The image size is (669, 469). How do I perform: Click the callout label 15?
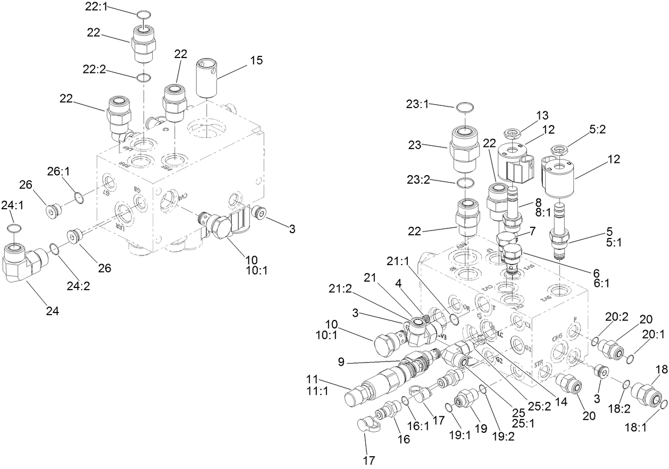pos(256,60)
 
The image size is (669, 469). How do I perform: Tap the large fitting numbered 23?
pos(466,149)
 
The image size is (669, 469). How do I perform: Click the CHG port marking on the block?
pos(557,337)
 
